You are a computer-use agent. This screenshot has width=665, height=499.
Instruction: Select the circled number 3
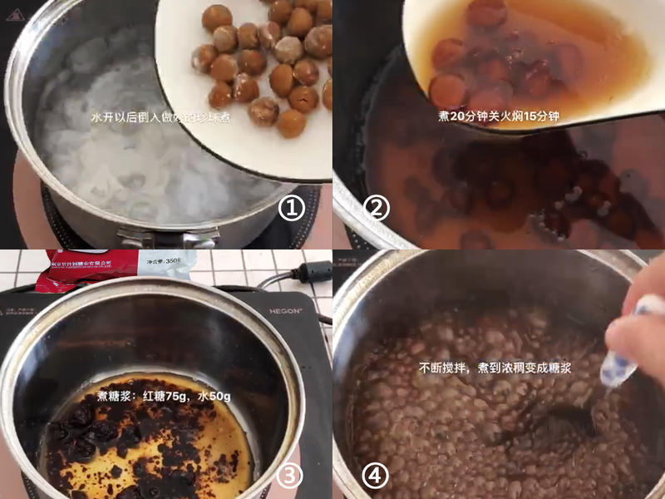pyautogui.click(x=289, y=476)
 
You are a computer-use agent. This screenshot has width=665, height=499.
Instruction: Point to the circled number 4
pyautogui.click(x=376, y=476)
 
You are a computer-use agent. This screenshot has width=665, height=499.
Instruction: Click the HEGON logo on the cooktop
pyautogui.click(x=285, y=311)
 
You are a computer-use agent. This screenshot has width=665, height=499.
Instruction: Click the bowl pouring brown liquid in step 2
pyautogui.click(x=532, y=58)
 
